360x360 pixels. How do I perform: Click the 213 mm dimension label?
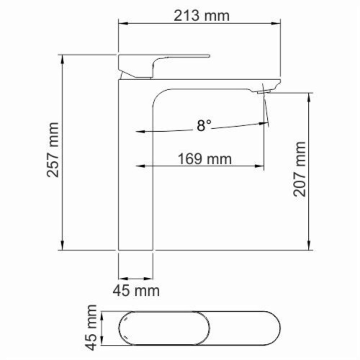(x=202, y=16)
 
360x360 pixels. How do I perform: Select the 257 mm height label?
(x=53, y=150)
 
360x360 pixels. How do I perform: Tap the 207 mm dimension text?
(x=300, y=169)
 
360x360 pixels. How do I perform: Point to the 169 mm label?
(x=204, y=159)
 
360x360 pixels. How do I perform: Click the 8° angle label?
(x=204, y=125)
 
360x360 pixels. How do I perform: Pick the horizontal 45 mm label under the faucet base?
(x=136, y=291)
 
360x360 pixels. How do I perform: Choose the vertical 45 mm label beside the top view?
(x=91, y=328)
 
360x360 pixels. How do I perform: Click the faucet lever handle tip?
(x=208, y=56)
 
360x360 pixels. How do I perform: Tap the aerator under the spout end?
(x=264, y=91)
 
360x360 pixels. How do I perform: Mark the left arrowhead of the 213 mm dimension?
(x=122, y=24)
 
